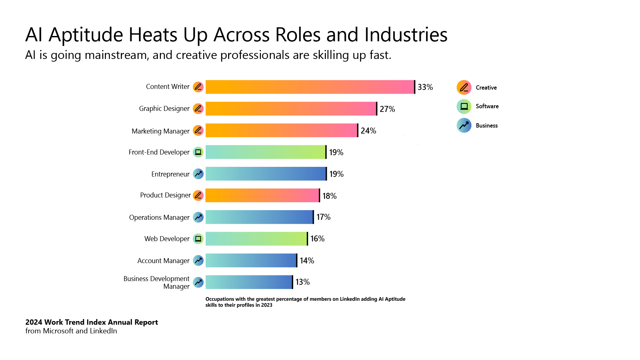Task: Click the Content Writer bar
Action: pyautogui.click(x=310, y=87)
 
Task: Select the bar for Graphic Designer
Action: pyautogui.click(x=291, y=109)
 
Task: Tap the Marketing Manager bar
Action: pyautogui.click(x=282, y=130)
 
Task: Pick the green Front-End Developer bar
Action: pyautogui.click(x=266, y=152)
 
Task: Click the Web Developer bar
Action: pyautogui.click(x=256, y=239)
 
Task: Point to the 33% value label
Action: pyautogui.click(x=425, y=87)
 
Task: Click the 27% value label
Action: pyautogui.click(x=387, y=109)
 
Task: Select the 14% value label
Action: pyautogui.click(x=307, y=260)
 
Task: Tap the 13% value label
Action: pyautogui.click(x=303, y=282)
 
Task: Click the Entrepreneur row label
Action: pyautogui.click(x=170, y=174)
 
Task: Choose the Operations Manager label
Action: pyautogui.click(x=159, y=217)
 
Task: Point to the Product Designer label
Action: pyautogui.click(x=165, y=195)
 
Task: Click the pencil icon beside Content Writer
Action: pyautogui.click(x=198, y=87)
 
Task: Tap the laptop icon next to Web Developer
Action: pyautogui.click(x=198, y=239)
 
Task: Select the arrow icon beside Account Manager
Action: pyautogui.click(x=198, y=260)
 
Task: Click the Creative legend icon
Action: pyautogui.click(x=464, y=88)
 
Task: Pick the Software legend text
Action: pyautogui.click(x=487, y=106)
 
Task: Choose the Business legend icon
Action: pyautogui.click(x=464, y=126)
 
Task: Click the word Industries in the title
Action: pyautogui.click(x=406, y=35)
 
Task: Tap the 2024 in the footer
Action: pyautogui.click(x=34, y=322)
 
